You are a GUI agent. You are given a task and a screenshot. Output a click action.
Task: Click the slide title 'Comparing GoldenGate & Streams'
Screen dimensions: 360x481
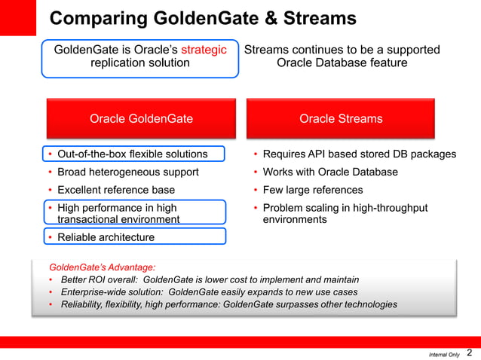point(202,18)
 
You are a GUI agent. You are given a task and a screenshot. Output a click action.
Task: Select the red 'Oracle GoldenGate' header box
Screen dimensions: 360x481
point(141,118)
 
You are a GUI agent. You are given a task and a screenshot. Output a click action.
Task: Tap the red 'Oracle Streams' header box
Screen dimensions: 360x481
point(341,118)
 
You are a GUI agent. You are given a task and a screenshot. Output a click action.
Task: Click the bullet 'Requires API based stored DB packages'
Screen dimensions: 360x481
point(359,154)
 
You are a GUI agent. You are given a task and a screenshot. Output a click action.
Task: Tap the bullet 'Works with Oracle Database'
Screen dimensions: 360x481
point(329,172)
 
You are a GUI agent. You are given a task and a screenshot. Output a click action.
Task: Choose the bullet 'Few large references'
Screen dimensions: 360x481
point(312,190)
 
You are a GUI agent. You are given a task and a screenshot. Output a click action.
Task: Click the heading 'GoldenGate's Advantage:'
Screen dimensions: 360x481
point(102,267)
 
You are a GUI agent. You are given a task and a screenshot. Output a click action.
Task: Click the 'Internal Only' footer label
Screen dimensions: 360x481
point(443,354)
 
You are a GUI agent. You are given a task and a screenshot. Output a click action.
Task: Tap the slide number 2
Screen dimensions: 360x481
point(470,352)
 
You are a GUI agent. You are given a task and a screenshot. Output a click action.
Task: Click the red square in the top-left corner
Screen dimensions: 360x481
point(17,17)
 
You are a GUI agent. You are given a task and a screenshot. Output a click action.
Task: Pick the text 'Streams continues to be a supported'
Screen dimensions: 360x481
point(342,50)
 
